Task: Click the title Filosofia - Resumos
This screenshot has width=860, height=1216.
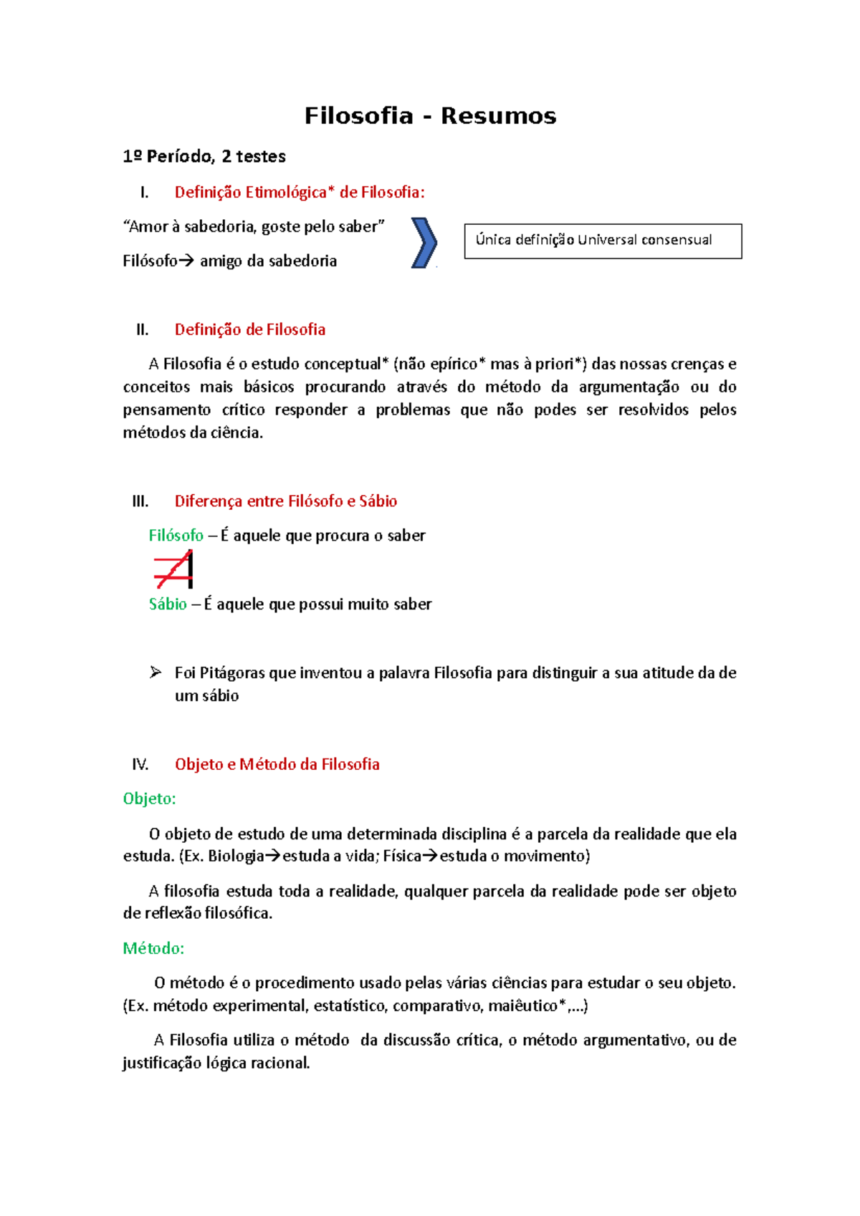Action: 430,115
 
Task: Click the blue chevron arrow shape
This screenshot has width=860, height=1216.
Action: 424,243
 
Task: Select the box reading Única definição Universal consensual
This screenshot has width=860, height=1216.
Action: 602,241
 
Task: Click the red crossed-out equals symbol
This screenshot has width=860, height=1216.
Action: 173,569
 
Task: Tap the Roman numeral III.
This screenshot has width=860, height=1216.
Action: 140,501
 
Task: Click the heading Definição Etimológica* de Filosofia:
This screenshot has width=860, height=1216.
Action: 300,192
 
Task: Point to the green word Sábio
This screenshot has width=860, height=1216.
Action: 168,604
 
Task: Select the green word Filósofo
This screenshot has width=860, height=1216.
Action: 176,536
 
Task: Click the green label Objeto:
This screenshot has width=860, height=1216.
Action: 149,798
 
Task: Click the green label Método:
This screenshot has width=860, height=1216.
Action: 153,948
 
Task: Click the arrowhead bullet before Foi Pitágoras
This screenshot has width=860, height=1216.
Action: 156,672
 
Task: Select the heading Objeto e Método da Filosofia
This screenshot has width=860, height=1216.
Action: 277,764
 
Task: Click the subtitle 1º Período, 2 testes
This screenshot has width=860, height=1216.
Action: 204,156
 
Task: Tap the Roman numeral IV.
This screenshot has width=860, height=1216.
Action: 140,764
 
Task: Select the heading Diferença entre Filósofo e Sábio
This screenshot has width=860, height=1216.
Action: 285,501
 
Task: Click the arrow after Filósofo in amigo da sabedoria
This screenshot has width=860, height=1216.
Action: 186,261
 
